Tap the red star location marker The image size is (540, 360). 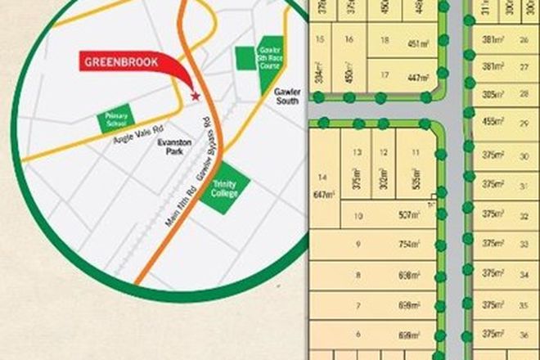pos(195,96)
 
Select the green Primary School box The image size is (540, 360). pos(115,121)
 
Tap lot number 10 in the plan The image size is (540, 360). pos(358,217)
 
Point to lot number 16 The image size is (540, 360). pos(350,38)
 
